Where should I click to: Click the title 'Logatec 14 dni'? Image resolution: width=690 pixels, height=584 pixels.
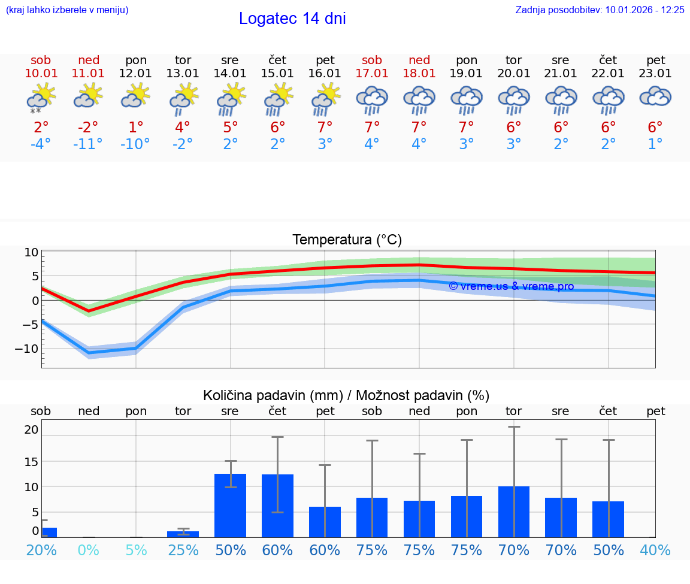coord(292,19)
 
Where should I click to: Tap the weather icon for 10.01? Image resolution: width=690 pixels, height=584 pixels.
coord(41,98)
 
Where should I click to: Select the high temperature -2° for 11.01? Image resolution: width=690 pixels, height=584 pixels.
coord(88,128)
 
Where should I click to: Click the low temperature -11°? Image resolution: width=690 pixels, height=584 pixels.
coord(88,144)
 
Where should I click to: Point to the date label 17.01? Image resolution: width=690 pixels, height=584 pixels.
coord(372,74)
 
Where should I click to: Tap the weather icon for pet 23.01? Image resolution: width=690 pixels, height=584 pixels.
coord(655,96)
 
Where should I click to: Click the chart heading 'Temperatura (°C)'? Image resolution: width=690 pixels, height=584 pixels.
coord(347,240)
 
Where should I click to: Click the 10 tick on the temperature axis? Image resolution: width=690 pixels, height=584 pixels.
coord(31,253)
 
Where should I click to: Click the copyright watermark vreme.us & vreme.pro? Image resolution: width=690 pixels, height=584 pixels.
coord(511,286)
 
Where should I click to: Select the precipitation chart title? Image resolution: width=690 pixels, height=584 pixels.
coord(346,395)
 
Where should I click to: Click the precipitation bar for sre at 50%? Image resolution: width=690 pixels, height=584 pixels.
coord(230,506)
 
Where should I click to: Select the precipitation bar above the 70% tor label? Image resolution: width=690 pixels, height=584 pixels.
coord(514,512)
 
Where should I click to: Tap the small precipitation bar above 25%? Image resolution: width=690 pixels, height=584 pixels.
coord(183,534)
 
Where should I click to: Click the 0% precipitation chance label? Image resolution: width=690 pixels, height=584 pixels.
coord(88,550)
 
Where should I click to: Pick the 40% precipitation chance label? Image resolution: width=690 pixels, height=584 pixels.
coord(655,550)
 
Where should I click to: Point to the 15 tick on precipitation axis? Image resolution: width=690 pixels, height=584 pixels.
coord(31,462)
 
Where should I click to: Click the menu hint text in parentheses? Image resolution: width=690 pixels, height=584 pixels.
coord(67,10)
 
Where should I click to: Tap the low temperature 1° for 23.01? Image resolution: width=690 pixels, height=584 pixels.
coord(655,144)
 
